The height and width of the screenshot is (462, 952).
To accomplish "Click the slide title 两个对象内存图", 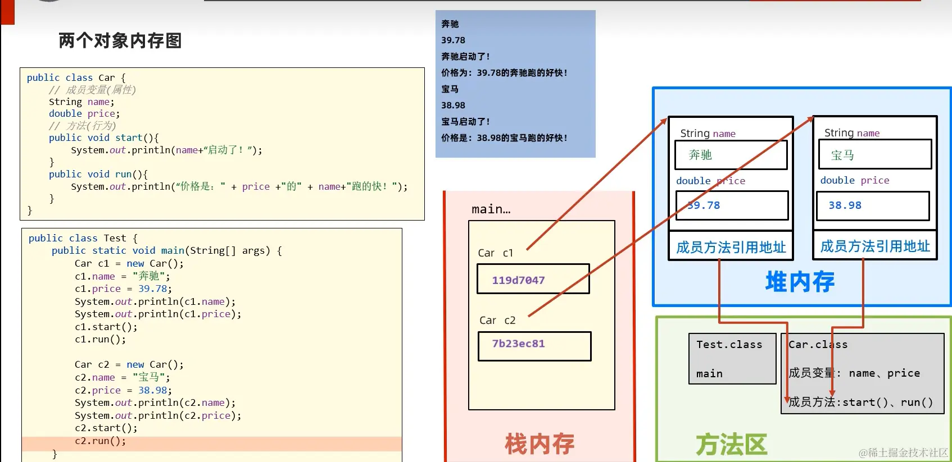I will [x=120, y=40].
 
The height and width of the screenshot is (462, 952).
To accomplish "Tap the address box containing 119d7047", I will [x=533, y=279].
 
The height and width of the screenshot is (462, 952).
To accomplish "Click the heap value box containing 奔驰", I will [x=731, y=155].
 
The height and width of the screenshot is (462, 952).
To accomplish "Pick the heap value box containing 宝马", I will [x=874, y=155].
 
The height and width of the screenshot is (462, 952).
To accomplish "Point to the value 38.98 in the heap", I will [x=845, y=205].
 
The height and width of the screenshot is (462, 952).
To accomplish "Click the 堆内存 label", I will [x=800, y=282].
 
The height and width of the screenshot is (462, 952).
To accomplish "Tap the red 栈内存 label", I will [x=540, y=444].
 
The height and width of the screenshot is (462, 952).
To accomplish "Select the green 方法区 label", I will [x=731, y=445].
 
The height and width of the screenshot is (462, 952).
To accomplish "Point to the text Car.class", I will [x=818, y=345].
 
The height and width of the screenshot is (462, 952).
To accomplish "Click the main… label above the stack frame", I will [x=491, y=209].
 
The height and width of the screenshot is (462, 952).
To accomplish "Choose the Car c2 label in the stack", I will [x=497, y=321].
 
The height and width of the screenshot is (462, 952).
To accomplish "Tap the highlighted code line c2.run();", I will [x=101, y=441].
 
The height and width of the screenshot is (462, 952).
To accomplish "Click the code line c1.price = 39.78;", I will [x=123, y=289].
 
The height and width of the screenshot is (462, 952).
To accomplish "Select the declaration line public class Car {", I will [x=76, y=78].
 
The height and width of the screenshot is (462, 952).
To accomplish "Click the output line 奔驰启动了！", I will [x=465, y=57].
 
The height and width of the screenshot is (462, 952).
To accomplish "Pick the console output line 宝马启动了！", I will [x=465, y=122].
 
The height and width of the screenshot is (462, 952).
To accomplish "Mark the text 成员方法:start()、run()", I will [x=860, y=402].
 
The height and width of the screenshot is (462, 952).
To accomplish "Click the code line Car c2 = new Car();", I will [x=129, y=365].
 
